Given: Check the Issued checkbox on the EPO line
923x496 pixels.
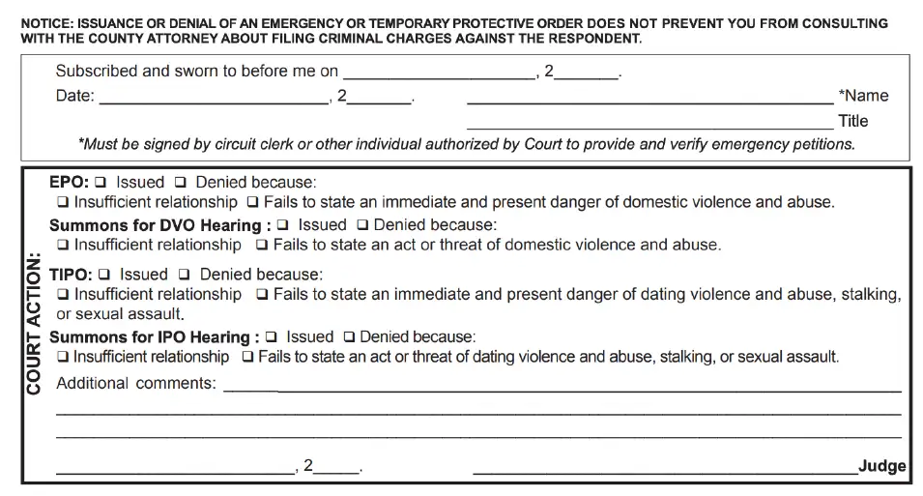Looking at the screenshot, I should click(101, 183).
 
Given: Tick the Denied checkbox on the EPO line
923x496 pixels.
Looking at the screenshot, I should click(181, 183).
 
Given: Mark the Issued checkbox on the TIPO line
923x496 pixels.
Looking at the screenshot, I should click(104, 276).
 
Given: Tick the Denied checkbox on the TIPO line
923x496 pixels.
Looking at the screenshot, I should click(185, 276).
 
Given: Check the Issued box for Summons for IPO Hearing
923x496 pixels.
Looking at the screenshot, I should click(271, 337).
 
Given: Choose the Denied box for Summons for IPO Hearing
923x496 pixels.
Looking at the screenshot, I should click(350, 337).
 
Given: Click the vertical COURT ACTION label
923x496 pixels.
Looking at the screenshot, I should click(34, 324).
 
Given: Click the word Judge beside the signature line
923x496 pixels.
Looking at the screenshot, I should click(881, 466).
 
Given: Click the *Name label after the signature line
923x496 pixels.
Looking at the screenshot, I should click(863, 96).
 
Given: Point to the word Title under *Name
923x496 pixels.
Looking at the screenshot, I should click(853, 121).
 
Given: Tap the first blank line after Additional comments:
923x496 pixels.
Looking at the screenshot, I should click(562, 389).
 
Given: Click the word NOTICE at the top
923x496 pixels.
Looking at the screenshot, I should click(47, 23).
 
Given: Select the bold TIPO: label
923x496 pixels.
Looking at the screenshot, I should click(71, 275).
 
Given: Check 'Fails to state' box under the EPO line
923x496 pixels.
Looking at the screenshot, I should click(252, 203).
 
